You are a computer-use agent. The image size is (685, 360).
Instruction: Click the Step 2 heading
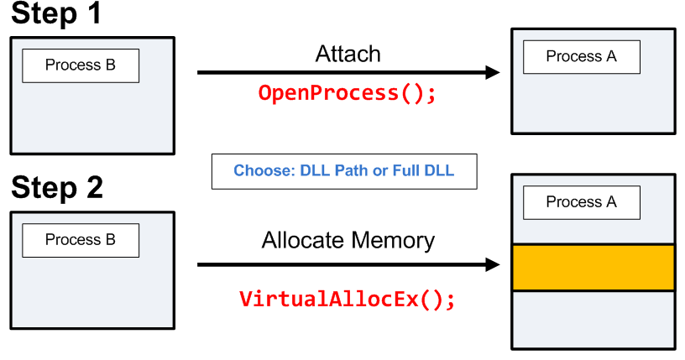coord(57,188)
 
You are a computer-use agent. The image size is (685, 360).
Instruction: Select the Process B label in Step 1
coord(81,65)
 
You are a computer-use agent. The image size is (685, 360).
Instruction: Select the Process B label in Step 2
coord(81,240)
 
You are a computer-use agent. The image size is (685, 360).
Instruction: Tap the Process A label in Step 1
coord(581,56)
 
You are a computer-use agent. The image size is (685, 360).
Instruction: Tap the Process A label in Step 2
coord(581,202)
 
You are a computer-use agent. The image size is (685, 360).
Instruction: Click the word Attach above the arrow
coord(348,55)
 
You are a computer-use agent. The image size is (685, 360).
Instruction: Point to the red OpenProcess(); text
coord(348,92)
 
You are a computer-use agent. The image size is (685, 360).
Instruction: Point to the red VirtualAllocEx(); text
coord(348,299)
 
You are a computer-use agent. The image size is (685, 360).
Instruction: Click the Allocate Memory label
coord(348,241)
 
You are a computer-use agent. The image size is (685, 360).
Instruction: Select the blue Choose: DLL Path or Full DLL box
coord(343,171)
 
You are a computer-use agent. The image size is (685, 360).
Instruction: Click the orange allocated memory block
coord(593,268)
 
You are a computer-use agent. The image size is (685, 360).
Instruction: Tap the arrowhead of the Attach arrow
coord(494,73)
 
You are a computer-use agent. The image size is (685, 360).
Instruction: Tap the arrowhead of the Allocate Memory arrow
coord(494,265)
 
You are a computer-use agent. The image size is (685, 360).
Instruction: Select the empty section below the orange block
coord(593,320)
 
